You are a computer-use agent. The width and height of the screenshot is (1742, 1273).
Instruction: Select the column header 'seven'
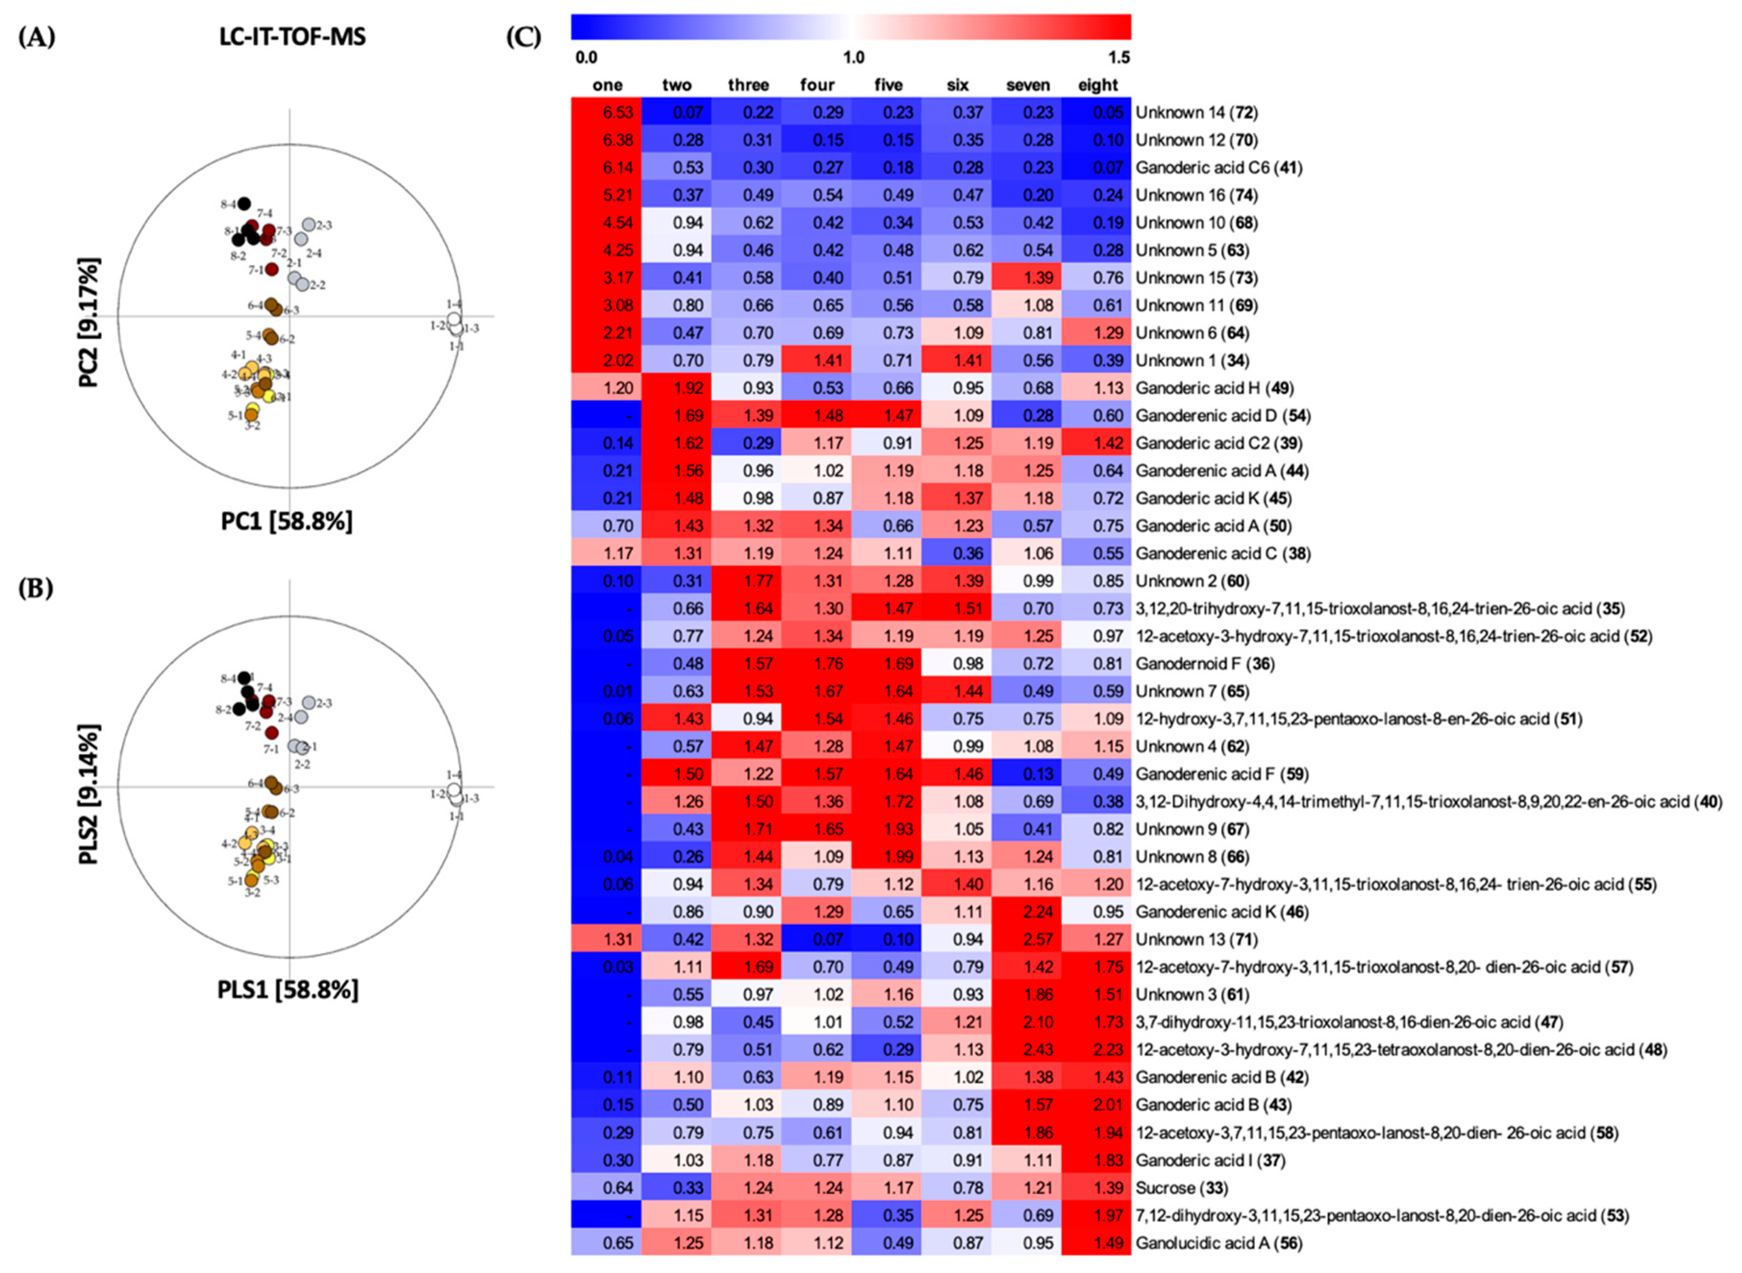point(1028,85)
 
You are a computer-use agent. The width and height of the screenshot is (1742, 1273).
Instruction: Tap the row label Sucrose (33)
point(1181,1187)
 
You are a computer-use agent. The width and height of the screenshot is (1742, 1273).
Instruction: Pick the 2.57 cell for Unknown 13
point(1028,939)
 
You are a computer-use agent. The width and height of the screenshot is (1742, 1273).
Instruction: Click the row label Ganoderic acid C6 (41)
point(1218,167)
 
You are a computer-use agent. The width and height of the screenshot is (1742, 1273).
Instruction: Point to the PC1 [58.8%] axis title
point(287,522)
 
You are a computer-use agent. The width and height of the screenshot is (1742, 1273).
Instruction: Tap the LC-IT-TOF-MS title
point(292,36)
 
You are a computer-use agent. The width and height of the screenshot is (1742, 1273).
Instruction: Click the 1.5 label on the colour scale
point(1118,57)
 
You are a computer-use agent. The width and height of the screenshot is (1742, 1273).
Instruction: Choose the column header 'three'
point(748,85)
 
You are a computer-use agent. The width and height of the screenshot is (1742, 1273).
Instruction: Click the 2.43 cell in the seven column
point(1028,1050)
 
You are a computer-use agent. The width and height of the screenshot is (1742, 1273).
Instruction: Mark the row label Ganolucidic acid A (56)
point(1218,1243)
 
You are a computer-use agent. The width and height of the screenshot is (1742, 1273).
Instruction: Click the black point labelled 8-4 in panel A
point(244,203)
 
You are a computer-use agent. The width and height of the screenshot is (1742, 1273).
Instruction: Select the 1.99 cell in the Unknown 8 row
point(887,857)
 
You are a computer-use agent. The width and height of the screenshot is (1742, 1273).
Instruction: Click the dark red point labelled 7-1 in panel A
point(271,269)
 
